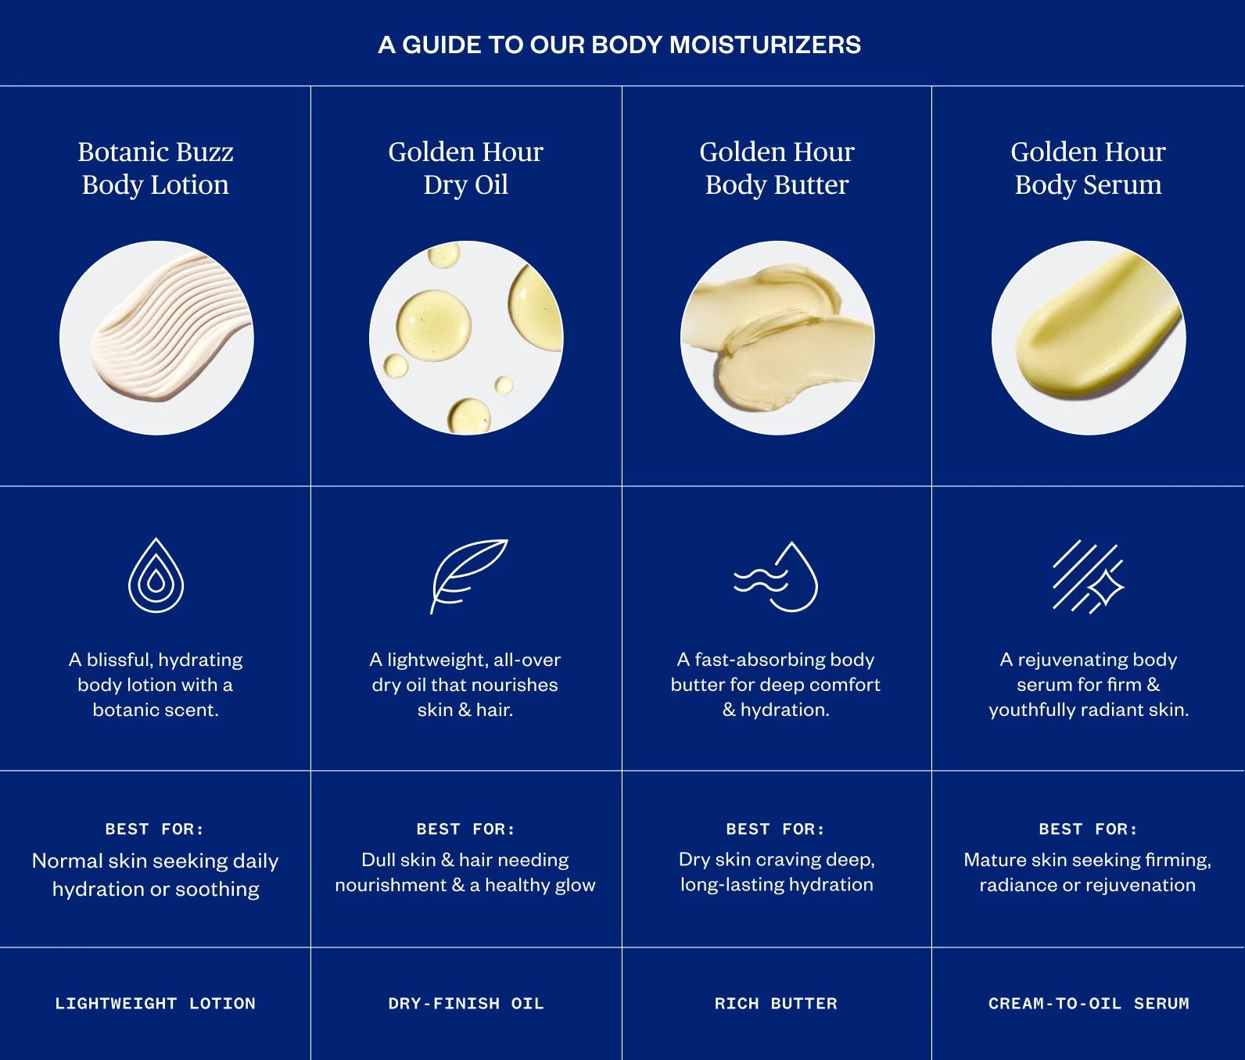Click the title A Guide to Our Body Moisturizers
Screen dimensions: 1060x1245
(x=619, y=45)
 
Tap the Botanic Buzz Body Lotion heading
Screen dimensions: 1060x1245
(x=156, y=168)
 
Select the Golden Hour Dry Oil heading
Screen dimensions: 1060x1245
(x=465, y=168)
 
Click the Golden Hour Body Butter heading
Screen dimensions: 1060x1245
(x=777, y=168)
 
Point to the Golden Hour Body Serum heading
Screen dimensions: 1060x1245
(x=1088, y=168)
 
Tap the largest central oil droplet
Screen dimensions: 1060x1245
(x=433, y=326)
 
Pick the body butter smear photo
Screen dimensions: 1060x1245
(x=777, y=338)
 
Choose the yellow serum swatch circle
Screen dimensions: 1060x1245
(x=1089, y=338)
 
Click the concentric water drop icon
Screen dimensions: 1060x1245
(x=156, y=576)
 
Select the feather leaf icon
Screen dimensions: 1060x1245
(x=468, y=575)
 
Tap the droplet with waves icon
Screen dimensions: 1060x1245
(x=777, y=577)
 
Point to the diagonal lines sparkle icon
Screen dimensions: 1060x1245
(x=1087, y=576)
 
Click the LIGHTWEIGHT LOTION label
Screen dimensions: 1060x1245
(x=155, y=1004)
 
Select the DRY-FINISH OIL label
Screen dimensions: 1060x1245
(x=465, y=1004)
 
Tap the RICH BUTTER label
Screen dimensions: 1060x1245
(x=776, y=1004)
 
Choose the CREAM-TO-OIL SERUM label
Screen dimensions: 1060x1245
(x=1088, y=1004)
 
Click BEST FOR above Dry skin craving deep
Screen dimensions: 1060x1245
(x=775, y=829)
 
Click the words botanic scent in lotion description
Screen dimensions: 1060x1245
(x=156, y=710)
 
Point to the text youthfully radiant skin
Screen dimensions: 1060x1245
(x=1088, y=710)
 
